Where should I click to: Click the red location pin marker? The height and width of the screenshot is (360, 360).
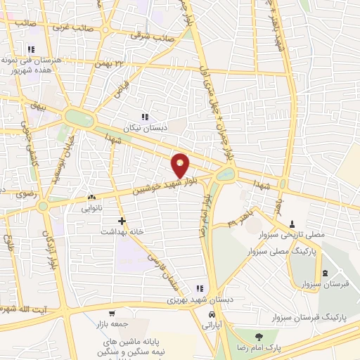[181, 165]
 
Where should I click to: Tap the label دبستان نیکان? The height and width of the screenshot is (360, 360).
[144, 129]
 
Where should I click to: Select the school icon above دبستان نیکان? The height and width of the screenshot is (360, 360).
[144, 117]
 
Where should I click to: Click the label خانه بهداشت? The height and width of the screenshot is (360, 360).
[122, 231]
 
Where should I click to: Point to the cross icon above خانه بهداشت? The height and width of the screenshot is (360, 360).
[122, 220]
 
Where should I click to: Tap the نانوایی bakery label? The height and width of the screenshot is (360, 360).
[92, 208]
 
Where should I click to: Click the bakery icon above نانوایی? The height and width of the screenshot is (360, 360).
[91, 198]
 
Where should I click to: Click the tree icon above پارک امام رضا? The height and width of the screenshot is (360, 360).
[258, 336]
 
